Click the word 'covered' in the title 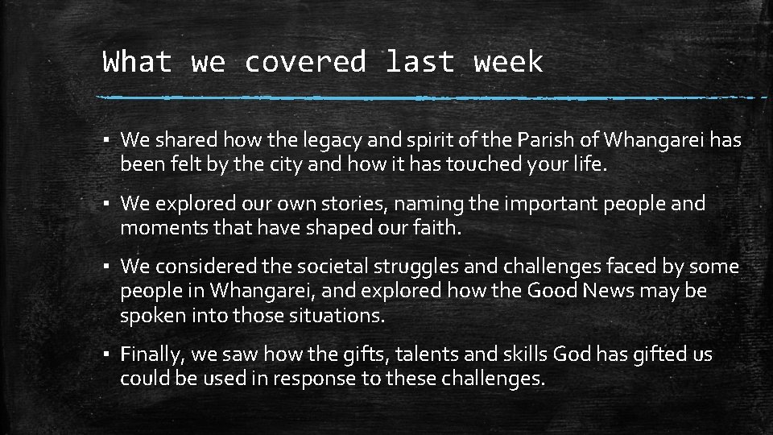tap(305, 62)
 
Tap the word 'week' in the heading tap(508, 62)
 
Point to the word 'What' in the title tap(137, 62)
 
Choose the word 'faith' tap(433, 229)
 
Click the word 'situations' tap(330, 316)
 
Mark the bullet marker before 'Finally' tap(107, 355)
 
